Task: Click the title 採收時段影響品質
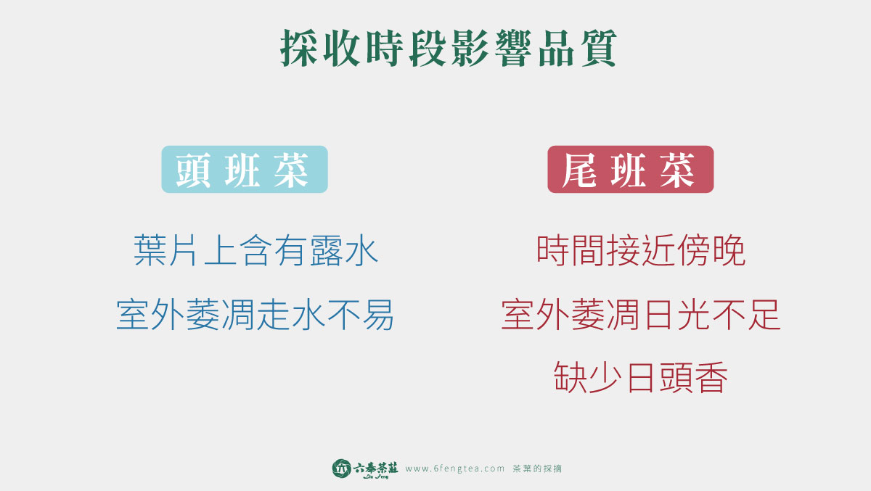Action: click(449, 48)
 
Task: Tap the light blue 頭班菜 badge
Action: click(245, 170)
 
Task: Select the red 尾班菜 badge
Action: click(630, 170)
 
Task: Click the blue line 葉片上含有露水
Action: click(255, 250)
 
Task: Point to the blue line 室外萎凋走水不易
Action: click(255, 315)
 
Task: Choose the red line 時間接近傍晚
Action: click(641, 250)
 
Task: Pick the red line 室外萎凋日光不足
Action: click(641, 315)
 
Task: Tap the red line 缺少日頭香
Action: click(640, 377)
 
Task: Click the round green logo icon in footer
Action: click(341, 469)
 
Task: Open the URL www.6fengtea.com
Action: click(455, 469)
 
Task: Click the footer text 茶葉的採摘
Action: click(537, 469)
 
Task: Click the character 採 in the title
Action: click(298, 48)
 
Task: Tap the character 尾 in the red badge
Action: click(579, 170)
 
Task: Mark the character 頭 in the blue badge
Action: click(193, 170)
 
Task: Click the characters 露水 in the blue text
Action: click(345, 250)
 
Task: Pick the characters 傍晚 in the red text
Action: click(711, 250)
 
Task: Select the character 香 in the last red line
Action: click(711, 377)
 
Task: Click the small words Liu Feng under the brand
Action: click(376, 476)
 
